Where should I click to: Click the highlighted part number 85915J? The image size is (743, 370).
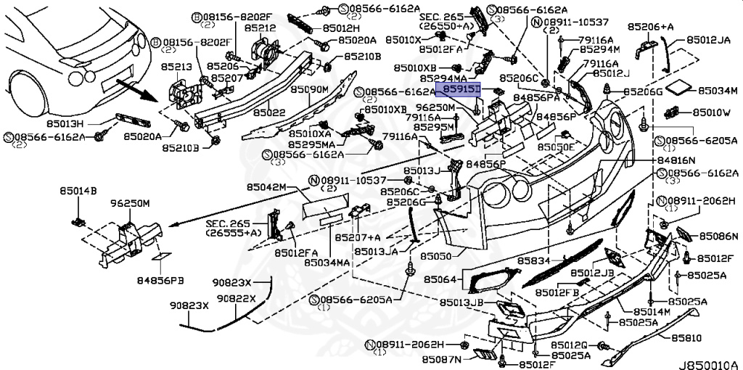coord(458,89)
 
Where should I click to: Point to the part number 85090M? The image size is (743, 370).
coord(310,89)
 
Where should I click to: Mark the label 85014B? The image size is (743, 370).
coord(78,192)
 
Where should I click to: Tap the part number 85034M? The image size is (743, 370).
coord(718,91)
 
